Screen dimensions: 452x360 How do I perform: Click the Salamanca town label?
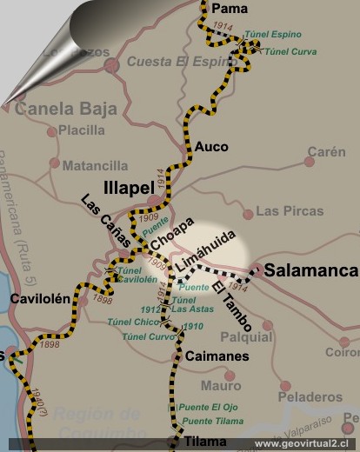[310, 270]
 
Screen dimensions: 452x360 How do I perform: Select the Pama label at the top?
[230, 9]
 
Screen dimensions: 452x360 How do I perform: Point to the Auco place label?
[212, 147]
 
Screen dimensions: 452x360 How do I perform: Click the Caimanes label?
[217, 356]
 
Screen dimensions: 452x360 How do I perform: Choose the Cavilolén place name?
[40, 298]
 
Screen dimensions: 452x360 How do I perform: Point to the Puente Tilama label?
[213, 422]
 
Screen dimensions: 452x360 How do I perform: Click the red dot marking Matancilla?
[55, 163]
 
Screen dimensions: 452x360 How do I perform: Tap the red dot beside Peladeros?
[286, 386]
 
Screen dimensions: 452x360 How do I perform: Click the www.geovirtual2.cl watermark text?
[306, 443]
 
